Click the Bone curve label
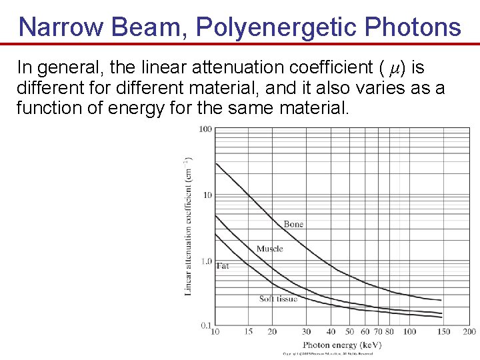point(293,224)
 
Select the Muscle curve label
point(269,249)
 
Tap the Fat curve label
point(223,265)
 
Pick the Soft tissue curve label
point(278,299)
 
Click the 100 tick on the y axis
point(205,129)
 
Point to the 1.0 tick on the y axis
point(206,261)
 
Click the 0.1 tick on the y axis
point(206,325)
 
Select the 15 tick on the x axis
point(248,331)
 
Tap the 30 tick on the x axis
point(306,331)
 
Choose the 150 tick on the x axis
point(443,331)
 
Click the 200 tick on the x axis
point(469,331)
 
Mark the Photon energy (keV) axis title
point(342,345)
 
